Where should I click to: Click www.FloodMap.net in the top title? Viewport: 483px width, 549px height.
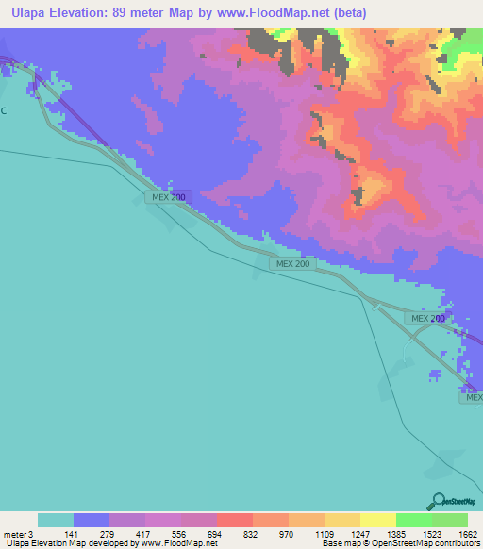click(269, 13)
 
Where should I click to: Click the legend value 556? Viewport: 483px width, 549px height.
click(179, 534)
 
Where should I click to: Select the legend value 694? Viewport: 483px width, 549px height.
click(215, 534)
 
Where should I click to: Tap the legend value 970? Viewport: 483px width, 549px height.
click(287, 534)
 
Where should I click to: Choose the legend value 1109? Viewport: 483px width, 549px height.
click(324, 534)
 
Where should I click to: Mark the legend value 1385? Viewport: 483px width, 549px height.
click(395, 534)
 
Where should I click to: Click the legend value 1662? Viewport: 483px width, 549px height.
click(468, 534)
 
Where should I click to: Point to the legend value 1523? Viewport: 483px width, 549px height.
click(432, 534)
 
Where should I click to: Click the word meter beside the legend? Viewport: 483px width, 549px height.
click(15, 534)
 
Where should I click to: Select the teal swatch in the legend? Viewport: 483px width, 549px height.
click(56, 520)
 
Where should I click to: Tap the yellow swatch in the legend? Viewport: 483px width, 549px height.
click(378, 520)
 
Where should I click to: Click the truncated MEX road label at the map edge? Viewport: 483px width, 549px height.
click(472, 398)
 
